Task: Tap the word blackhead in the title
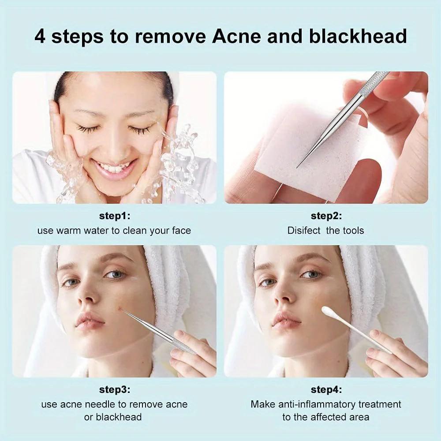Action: [x=358, y=36]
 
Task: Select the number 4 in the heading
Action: [x=40, y=36]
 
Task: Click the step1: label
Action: [x=114, y=216]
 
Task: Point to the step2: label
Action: [x=326, y=216]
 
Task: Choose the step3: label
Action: [x=114, y=389]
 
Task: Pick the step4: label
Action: [x=326, y=389]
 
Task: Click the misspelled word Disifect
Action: [x=304, y=230]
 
